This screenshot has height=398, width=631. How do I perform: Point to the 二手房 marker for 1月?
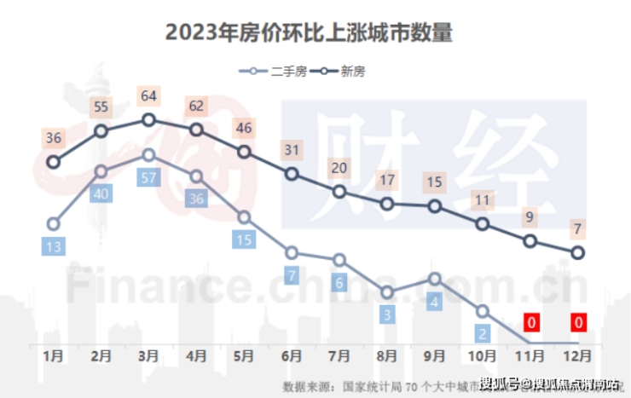tap(54, 224)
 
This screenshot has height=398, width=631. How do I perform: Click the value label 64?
tap(148, 95)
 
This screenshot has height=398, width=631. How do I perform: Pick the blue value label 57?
tap(148, 178)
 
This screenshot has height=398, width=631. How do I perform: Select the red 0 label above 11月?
tap(530, 322)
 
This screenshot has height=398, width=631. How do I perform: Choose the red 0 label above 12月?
tap(578, 322)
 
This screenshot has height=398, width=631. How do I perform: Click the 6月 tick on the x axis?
tap(292, 354)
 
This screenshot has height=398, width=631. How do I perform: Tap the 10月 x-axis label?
tap(483, 354)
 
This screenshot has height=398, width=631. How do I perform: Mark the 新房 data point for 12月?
tap(578, 252)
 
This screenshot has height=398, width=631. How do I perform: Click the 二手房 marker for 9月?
tap(435, 279)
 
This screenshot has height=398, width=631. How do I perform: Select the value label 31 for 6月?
tap(292, 151)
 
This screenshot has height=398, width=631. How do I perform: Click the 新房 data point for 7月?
tap(339, 192)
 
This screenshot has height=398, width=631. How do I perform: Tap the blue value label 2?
tap(483, 333)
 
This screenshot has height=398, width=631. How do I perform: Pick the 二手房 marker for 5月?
tap(244, 217)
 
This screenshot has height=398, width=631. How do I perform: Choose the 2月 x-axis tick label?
tap(101, 354)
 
